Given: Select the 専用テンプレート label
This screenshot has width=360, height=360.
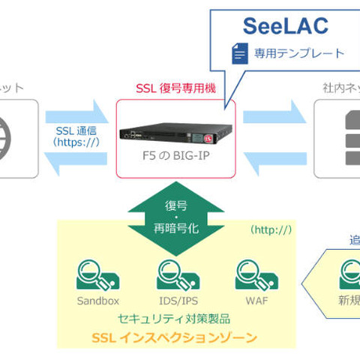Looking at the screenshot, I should (298, 54).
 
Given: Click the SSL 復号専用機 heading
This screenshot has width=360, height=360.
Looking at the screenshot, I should (175, 88).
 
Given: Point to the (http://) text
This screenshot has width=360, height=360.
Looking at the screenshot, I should (271, 228).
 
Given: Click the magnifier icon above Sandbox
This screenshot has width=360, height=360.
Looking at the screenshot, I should (97, 275).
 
